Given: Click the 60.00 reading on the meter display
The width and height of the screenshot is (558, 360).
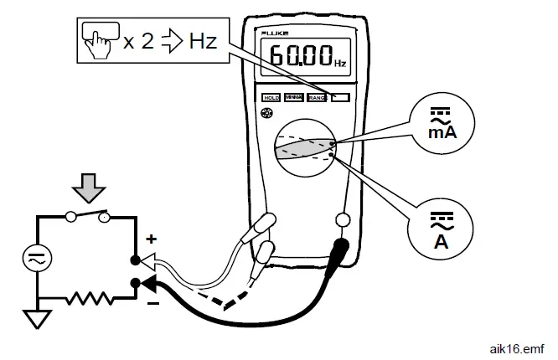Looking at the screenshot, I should [x=299, y=59].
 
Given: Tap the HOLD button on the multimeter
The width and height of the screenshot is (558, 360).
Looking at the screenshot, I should [x=271, y=98].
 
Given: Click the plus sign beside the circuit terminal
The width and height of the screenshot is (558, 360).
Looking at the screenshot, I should [x=152, y=239].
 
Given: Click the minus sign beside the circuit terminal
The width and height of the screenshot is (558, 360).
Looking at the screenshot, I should [x=153, y=302].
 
